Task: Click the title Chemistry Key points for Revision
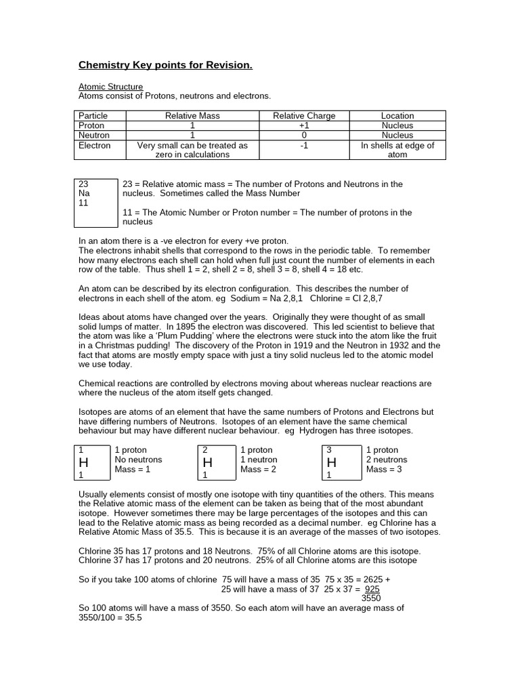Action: (166, 65)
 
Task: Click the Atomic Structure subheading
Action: (111, 87)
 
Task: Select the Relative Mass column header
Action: (192, 116)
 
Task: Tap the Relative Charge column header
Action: (304, 116)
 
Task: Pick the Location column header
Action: (397, 116)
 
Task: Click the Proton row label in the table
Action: (91, 125)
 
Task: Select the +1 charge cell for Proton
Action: (304, 125)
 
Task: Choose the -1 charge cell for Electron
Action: (304, 145)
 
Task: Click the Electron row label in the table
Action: (94, 145)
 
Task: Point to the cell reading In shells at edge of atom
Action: (397, 150)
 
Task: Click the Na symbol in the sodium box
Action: (85, 193)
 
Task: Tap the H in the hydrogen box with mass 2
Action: (208, 462)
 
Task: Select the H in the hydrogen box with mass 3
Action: (332, 462)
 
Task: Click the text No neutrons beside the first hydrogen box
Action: (139, 460)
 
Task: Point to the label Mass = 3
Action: (384, 469)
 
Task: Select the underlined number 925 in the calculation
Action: (372, 590)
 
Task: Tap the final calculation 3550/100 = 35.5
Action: (110, 618)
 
